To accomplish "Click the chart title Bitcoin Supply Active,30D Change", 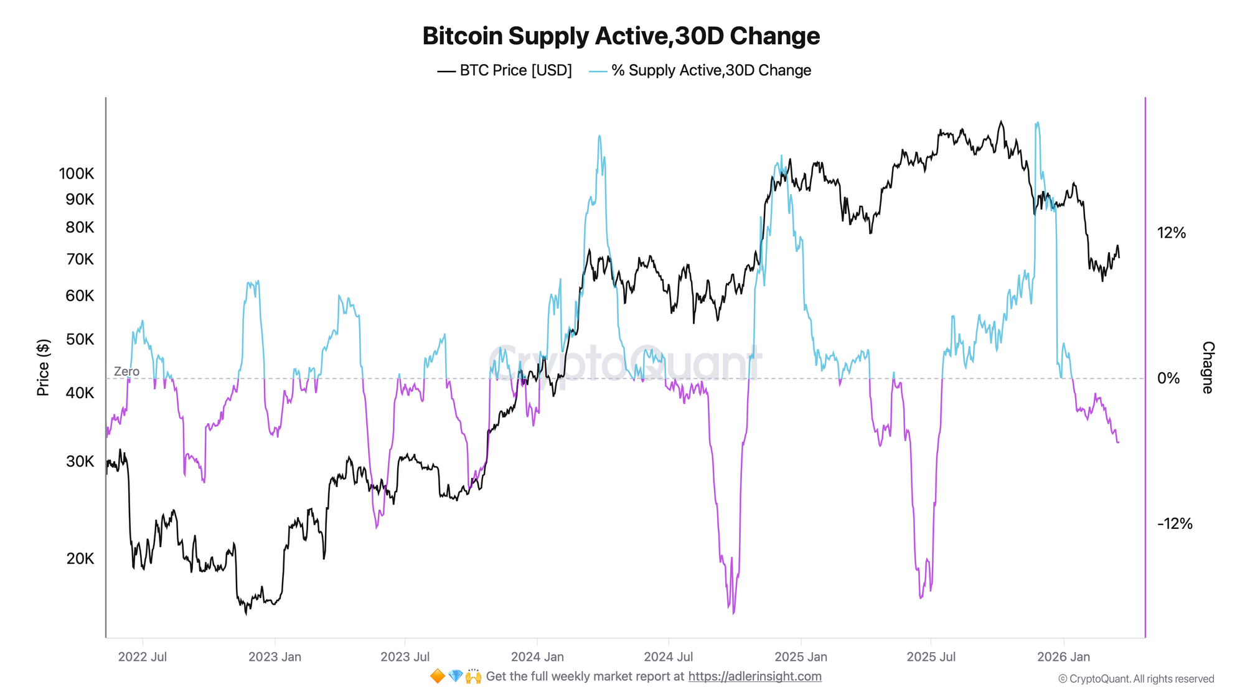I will pos(621,36).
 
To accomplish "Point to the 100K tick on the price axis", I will pos(77,174).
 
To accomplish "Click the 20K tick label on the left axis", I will pos(80,558).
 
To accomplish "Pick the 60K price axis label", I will pos(80,296).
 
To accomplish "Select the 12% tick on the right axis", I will pos(1172,233).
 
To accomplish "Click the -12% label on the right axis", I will pos(1175,524).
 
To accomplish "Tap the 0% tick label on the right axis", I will pos(1168,378).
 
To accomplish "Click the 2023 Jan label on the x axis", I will pos(275,656).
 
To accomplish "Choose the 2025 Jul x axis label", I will pos(931,656).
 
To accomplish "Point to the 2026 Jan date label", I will pos(1063,656).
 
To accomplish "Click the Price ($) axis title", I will pos(43,368).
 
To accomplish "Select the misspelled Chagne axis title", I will pos(1208,367).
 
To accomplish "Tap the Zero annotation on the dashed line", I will pos(126,371).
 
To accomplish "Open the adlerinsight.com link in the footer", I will pos(754,676).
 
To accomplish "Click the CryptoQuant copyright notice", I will pos(1136,679).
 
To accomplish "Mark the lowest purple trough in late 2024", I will pos(734,613).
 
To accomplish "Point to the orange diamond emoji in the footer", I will pos(438,676).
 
